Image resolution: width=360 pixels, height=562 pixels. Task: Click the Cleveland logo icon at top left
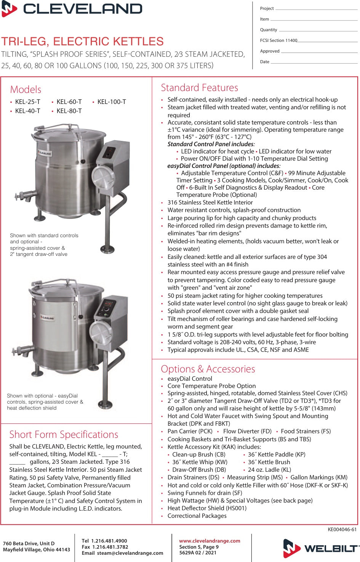coord(9,9)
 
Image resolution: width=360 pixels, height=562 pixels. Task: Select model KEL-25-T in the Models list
coord(27,102)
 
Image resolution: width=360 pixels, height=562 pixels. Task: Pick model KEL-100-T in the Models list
coord(112,102)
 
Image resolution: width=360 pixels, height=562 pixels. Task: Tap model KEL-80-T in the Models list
coord(69,111)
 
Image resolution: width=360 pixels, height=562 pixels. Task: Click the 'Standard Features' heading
coord(199,88)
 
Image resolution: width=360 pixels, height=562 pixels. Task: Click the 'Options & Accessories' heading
coord(208,369)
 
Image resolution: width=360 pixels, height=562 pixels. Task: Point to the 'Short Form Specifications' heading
coord(64,434)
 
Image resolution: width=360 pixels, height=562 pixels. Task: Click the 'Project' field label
coord(267,8)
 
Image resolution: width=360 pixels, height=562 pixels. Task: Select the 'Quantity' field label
coord(269,30)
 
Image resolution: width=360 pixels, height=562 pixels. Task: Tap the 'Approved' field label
coord(270,51)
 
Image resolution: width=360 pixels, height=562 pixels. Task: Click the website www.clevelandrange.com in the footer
coord(210,541)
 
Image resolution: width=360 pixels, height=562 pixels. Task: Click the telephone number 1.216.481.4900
coord(109,541)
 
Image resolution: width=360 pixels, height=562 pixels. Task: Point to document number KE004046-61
coord(342,529)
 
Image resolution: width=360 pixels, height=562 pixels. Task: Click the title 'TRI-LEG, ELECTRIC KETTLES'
coord(82,41)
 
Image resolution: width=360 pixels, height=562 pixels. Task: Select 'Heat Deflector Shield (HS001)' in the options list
coord(207,508)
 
